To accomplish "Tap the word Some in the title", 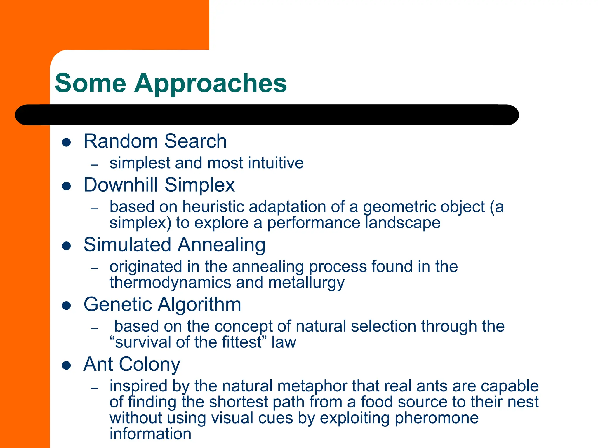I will pos(91,83).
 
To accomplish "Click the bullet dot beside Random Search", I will pos(67,142).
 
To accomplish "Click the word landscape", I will pos(402,223).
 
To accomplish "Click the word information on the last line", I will pos(150,433).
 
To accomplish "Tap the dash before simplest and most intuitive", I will pos(94,165).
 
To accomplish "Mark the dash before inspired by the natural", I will pos(94,388).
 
